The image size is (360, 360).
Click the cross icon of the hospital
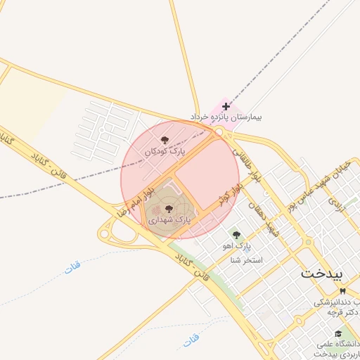coord(225,106)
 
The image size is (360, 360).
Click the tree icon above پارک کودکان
coord(165,141)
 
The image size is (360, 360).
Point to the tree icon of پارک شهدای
coord(169,209)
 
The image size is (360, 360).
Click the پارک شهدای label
coord(169,220)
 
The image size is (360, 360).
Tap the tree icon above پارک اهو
coord(236,235)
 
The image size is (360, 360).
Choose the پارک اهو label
coord(236,245)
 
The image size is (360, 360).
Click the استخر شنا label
coord(246,260)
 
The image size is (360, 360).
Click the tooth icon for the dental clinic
coord(342,291)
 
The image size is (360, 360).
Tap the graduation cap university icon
coord(338,334)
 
